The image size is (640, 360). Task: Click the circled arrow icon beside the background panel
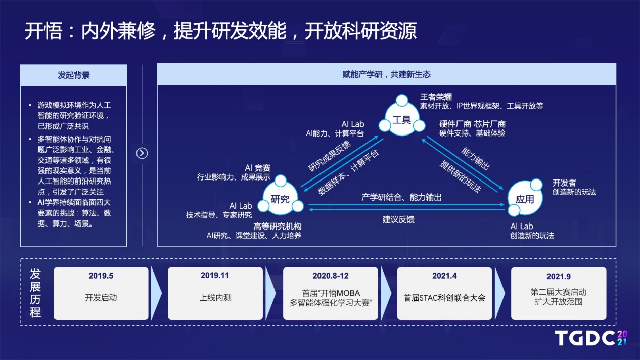click(142, 153)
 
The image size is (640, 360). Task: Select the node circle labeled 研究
click(280, 198)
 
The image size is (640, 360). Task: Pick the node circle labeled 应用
click(525, 198)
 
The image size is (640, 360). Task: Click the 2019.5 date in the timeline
click(101, 276)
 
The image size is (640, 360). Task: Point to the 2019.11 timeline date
click(215, 276)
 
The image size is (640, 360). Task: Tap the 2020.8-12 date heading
click(331, 276)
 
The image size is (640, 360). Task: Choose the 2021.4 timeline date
click(444, 276)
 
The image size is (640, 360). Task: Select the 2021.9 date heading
click(559, 276)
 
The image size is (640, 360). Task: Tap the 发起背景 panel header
click(74, 75)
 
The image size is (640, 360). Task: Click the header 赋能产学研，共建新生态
click(386, 74)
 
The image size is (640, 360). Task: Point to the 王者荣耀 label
click(436, 97)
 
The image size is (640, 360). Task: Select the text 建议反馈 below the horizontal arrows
click(398, 219)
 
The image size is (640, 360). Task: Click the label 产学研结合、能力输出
click(401, 197)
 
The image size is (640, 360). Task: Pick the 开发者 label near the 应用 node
click(564, 183)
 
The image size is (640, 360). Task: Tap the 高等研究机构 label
click(278, 227)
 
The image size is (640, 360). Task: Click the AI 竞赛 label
click(258, 168)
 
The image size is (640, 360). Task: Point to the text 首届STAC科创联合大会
click(444, 298)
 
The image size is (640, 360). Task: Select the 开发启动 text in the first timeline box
click(101, 298)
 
